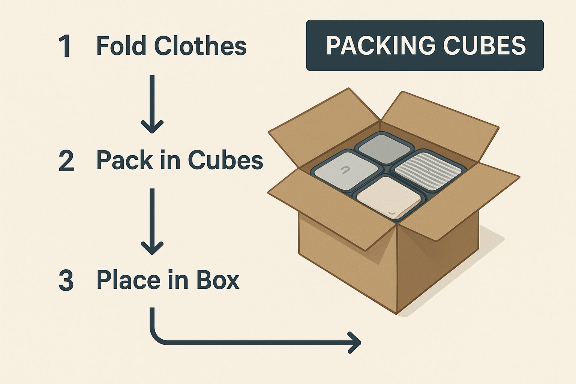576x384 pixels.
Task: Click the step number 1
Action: click(66, 46)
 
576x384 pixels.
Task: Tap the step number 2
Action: click(66, 161)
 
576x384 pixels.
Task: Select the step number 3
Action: click(66, 281)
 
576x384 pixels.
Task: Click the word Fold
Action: click(121, 46)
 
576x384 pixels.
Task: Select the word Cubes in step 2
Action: click(225, 160)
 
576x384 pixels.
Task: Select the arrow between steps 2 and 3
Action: click(152, 221)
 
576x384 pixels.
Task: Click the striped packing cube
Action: click(428, 167)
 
